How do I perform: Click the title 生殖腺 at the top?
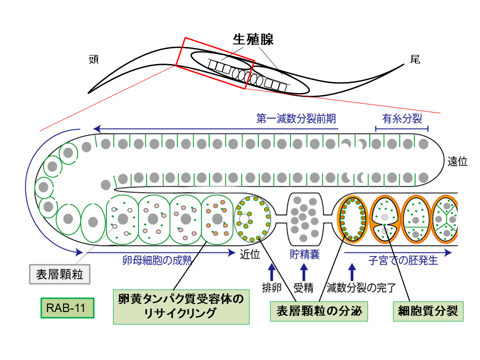click(253, 39)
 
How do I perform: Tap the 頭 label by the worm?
click(93, 59)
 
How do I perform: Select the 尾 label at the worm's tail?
click(415, 59)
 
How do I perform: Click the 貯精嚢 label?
click(305, 254)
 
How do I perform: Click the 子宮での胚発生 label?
click(403, 260)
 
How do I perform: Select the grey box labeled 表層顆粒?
click(59, 273)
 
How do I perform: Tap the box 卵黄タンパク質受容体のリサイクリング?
click(181, 305)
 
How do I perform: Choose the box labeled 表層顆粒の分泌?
click(319, 311)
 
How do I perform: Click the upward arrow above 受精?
click(303, 272)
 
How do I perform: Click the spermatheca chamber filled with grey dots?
click(305, 214)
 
